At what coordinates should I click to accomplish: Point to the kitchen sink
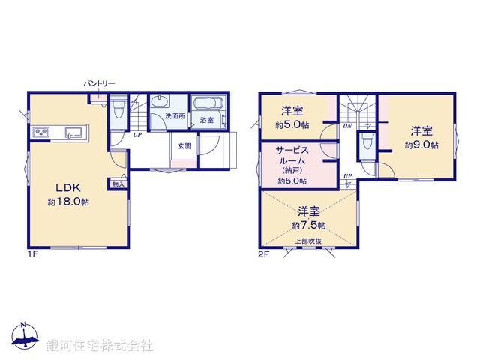73,133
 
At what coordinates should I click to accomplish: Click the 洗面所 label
174,116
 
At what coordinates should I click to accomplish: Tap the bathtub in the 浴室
205,105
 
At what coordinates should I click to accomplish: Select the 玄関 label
184,145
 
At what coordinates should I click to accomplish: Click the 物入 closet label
118,183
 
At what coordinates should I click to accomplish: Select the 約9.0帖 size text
418,145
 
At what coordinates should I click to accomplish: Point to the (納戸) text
291,170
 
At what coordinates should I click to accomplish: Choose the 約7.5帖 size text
309,225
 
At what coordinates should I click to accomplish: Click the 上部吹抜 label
307,241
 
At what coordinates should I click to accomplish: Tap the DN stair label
347,126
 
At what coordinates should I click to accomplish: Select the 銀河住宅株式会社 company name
100,346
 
